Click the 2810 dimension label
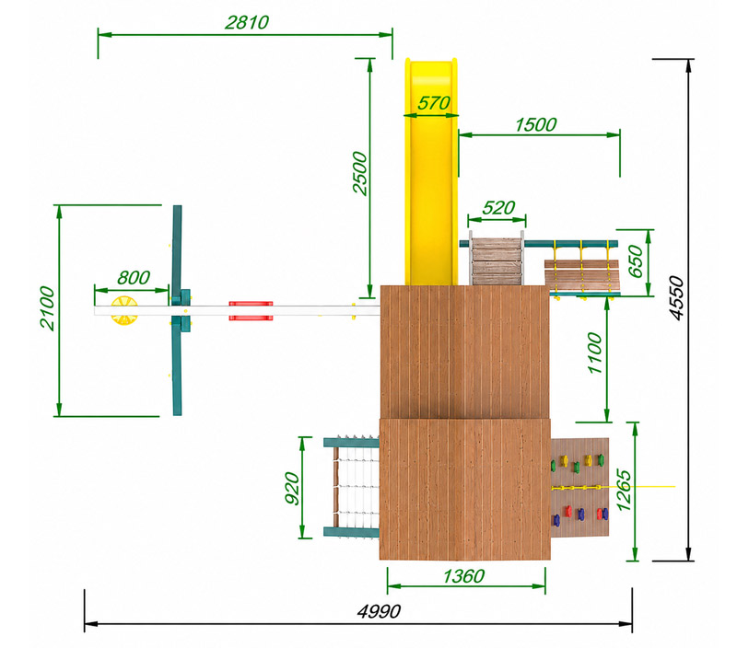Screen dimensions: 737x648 pyautogui.click(x=247, y=22)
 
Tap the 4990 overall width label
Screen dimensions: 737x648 pyautogui.click(x=379, y=611)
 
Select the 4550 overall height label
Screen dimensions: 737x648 pyautogui.click(x=676, y=298)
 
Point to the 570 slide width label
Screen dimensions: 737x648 pyautogui.click(x=433, y=103)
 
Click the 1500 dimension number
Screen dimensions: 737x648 pyautogui.click(x=536, y=125)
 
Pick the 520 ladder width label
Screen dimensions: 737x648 pyautogui.click(x=498, y=207)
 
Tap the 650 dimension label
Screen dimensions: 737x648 pyautogui.click(x=635, y=261)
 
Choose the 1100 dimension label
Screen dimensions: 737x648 pyautogui.click(x=594, y=353)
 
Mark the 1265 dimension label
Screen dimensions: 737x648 pyautogui.click(x=624, y=490)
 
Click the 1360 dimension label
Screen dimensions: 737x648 pyautogui.click(x=463, y=576)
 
